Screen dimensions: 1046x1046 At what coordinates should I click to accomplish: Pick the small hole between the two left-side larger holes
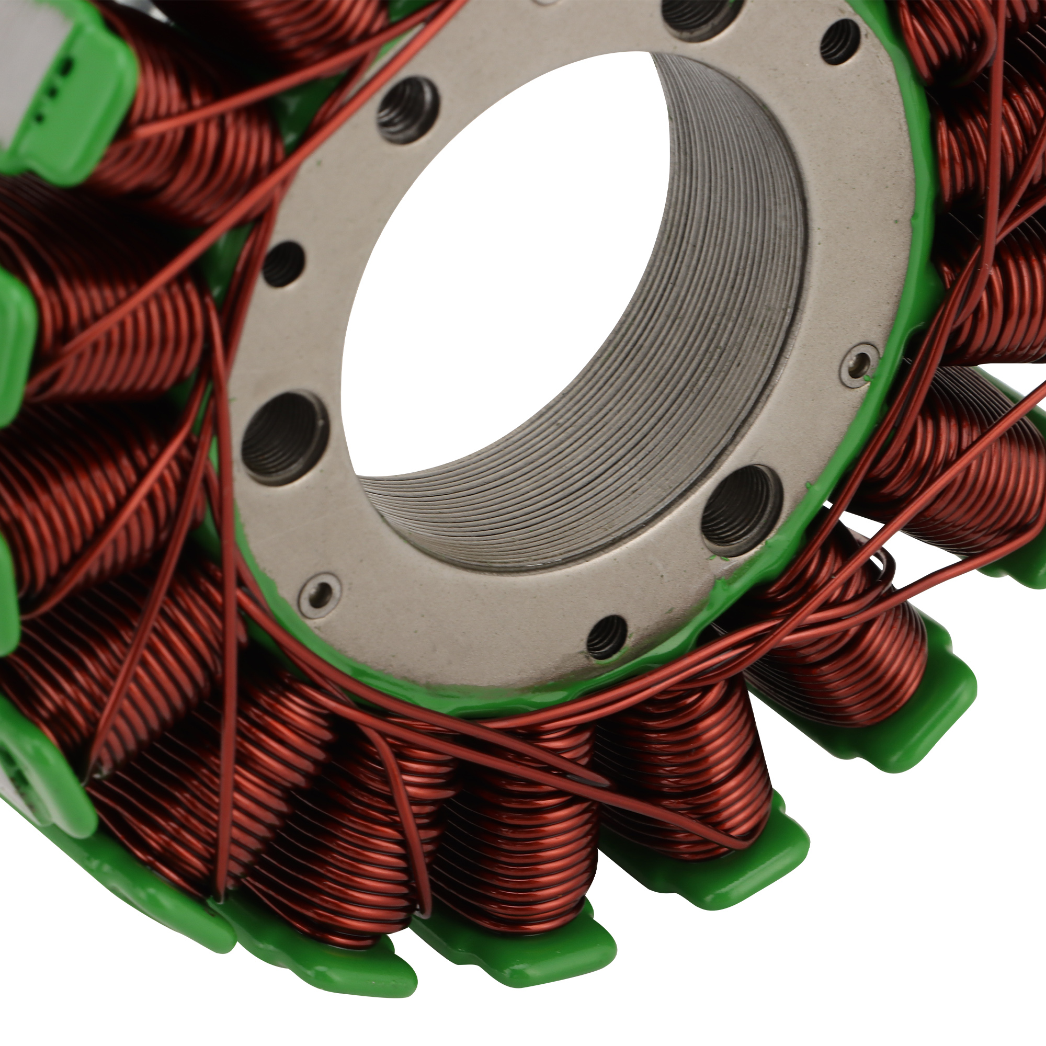[283, 264]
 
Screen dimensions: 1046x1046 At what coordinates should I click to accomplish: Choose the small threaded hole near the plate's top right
[840, 41]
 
